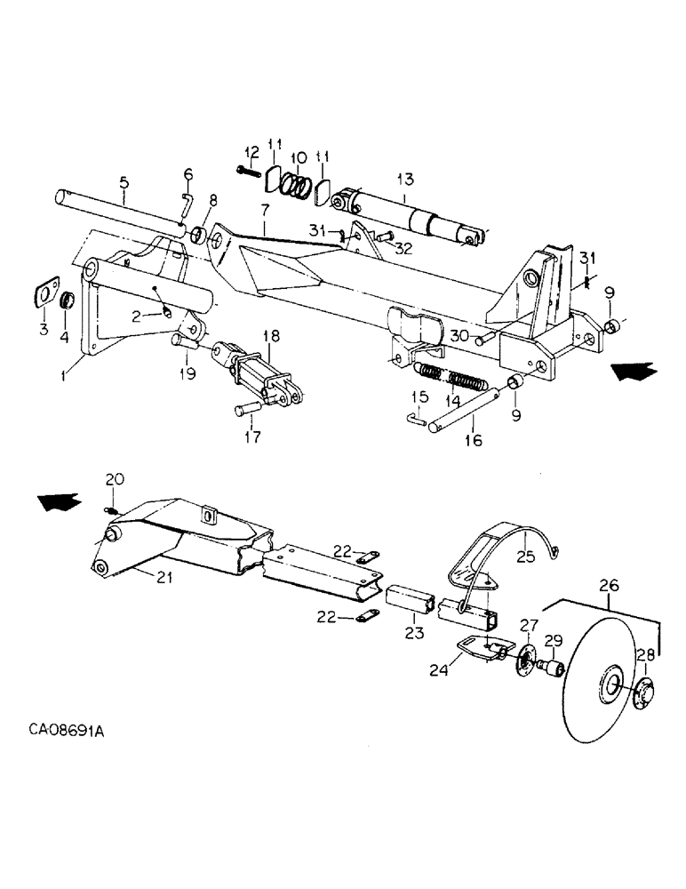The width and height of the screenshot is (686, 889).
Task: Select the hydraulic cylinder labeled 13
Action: pyautogui.click(x=409, y=215)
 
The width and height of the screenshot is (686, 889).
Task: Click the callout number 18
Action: pyautogui.click(x=272, y=334)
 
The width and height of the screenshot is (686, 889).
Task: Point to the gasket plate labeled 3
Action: pyautogui.click(x=41, y=294)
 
